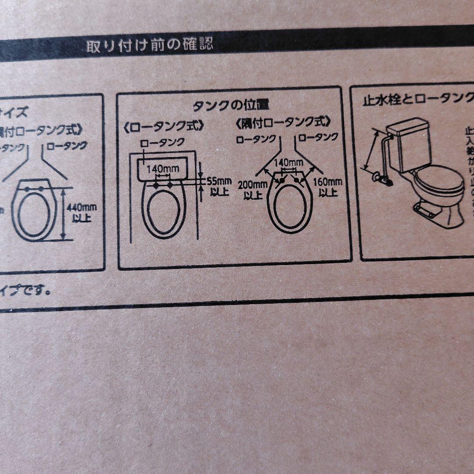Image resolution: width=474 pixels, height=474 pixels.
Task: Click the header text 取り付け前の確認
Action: click(149, 46)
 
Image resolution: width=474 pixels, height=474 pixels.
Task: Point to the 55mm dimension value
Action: click(218, 181)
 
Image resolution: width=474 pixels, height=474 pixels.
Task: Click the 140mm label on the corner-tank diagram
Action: click(288, 162)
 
